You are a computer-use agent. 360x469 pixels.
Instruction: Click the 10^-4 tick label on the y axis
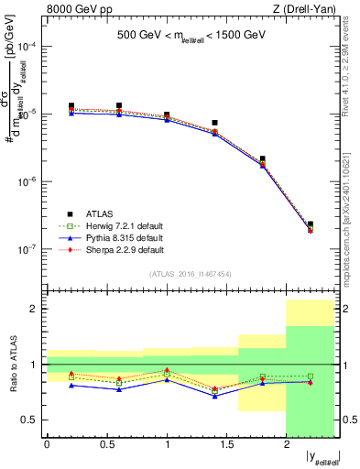coord(27,46)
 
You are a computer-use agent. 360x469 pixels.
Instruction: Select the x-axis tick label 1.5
coord(226,445)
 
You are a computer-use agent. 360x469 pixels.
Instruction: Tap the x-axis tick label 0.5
coord(106,445)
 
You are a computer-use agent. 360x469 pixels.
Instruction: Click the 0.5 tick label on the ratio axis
coord(30,420)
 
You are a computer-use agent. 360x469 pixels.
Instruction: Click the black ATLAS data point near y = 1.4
coord(214,123)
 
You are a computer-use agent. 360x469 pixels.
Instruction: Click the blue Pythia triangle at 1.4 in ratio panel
coord(214,396)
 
